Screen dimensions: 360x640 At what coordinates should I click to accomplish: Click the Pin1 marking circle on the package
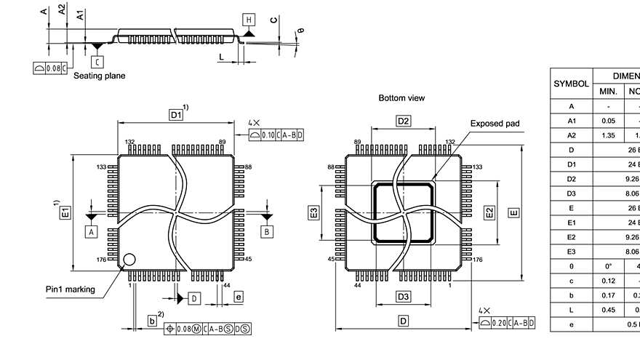coord(129,259)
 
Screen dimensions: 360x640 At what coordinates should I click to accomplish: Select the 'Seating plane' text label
coord(100,76)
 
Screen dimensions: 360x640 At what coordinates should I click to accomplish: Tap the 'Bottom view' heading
coord(401,97)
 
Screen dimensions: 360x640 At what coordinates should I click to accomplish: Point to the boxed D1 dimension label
coord(175,115)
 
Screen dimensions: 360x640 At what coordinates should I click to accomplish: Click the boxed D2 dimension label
coord(404,120)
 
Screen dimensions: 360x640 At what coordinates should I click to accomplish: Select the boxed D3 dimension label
coord(404,296)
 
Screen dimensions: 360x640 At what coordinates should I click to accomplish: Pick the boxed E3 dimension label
coord(313,212)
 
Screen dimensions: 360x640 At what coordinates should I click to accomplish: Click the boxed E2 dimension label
coord(489,212)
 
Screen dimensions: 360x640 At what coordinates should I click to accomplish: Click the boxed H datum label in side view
coord(249,19)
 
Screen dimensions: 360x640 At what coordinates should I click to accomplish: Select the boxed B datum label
coord(266,231)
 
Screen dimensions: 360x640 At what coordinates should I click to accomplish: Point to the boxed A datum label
coord(92,231)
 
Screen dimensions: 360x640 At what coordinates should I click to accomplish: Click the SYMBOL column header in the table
coord(571,84)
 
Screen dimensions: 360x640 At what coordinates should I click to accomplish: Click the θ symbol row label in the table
coord(571,266)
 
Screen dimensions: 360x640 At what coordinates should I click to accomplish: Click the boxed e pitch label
coord(238,296)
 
